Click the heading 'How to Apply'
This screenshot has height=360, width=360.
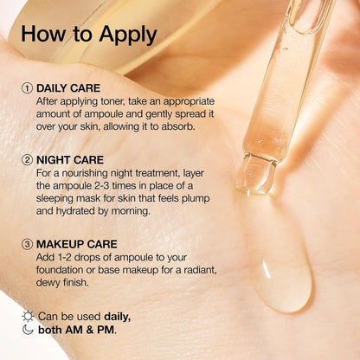coord(89,35)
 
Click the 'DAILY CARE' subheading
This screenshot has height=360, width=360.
coord(69,88)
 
